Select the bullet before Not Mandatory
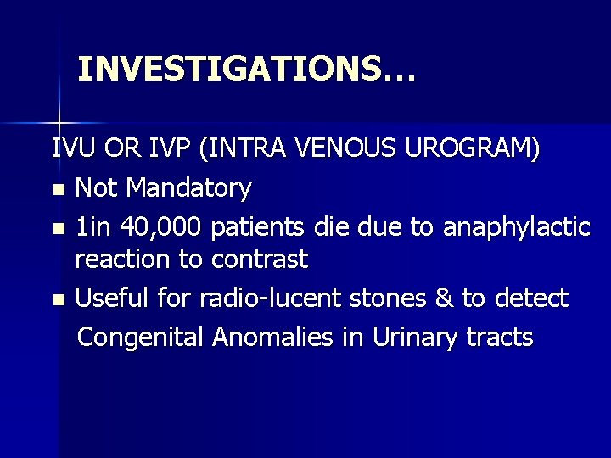pos(57,189)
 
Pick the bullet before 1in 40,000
pos(57,227)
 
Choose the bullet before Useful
pos(57,299)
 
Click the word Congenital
pos(140,337)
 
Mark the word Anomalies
pos(276,337)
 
